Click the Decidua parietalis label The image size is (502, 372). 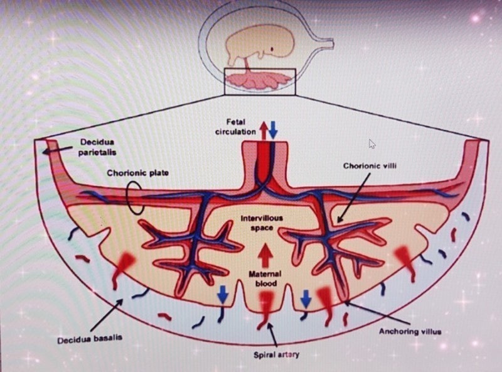click(97, 147)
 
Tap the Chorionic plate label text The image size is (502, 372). click(137, 173)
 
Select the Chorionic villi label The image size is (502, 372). click(370, 166)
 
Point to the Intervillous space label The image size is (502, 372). click(262, 223)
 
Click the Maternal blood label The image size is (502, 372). click(265, 278)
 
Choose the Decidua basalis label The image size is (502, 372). click(90, 339)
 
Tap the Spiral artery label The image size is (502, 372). click(276, 354)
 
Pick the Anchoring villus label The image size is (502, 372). click(410, 331)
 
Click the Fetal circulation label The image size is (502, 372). click(235, 127)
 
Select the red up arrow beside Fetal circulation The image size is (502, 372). click(264, 131)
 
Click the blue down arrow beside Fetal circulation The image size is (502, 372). click(273, 130)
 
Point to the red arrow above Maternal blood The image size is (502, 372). click(265, 255)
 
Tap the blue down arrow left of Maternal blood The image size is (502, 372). click(223, 293)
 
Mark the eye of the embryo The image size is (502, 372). click(272, 49)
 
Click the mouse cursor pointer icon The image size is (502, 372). click(372, 144)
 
